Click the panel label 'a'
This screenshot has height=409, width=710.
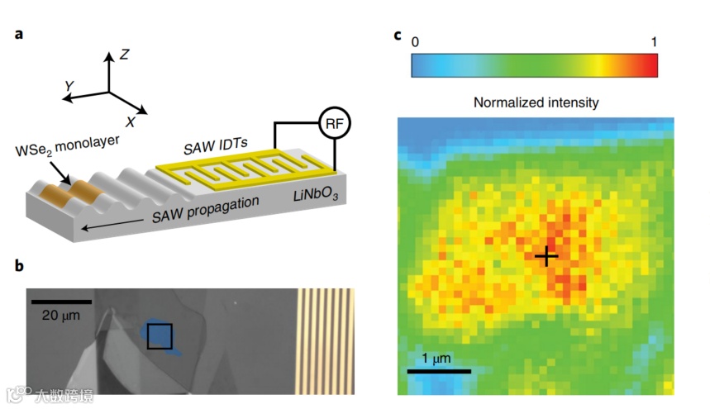pyautogui.click(x=17, y=36)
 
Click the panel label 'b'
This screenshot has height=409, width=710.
pyautogui.click(x=17, y=265)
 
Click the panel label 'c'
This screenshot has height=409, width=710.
pyautogui.click(x=398, y=36)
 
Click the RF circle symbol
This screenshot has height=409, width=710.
pyautogui.click(x=334, y=123)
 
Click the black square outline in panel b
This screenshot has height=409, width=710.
pyautogui.click(x=160, y=336)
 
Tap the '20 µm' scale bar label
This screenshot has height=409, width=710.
pyautogui.click(x=62, y=315)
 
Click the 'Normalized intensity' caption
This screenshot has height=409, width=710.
pyautogui.click(x=535, y=102)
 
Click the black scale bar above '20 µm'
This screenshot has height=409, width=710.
pyautogui.click(x=62, y=302)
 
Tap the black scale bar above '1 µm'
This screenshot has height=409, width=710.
pyautogui.click(x=440, y=372)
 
